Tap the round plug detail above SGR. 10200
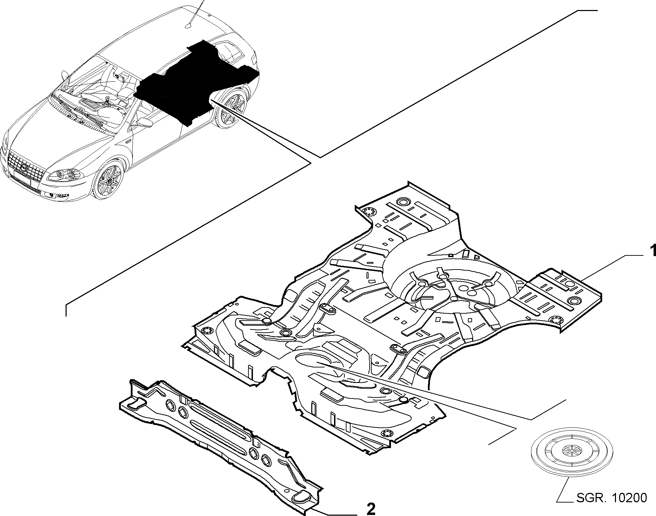[x=572, y=455]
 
